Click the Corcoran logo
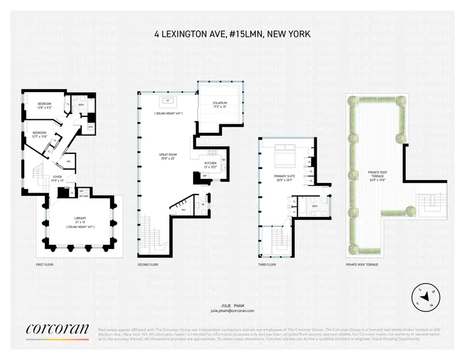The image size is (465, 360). click(x=58, y=330)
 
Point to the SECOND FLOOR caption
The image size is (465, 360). click(x=148, y=265)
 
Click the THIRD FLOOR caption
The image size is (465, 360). click(x=267, y=265)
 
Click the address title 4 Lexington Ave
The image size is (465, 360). click(x=232, y=35)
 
